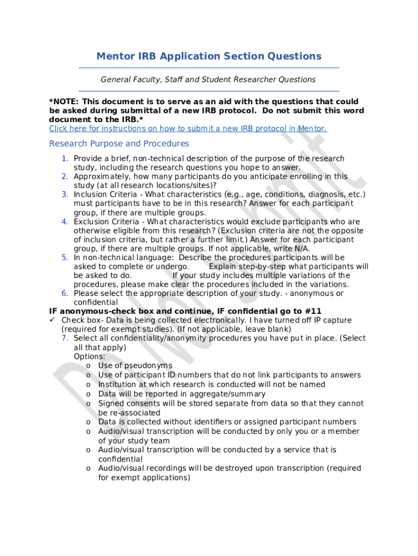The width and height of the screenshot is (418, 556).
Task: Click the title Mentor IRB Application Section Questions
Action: click(x=208, y=56)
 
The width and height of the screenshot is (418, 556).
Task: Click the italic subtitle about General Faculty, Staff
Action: click(x=208, y=80)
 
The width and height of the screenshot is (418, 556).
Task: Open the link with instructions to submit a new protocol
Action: click(x=188, y=129)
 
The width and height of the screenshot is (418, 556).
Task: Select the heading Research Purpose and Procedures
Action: click(x=119, y=144)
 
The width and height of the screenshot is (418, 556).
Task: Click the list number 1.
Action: click(x=64, y=159)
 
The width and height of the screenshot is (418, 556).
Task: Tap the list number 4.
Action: click(x=64, y=222)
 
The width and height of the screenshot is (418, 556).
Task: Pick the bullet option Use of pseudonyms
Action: click(x=135, y=366)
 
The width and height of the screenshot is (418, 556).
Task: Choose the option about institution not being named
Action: click(x=212, y=384)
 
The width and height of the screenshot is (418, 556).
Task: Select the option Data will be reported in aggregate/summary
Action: click(x=182, y=394)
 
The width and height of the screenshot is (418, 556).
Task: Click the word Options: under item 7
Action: click(x=90, y=357)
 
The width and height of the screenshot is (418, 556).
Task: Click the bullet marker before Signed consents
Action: click(x=88, y=403)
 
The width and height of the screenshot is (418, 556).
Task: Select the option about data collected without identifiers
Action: click(x=227, y=422)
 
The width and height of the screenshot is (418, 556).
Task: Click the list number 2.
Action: click(x=64, y=176)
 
